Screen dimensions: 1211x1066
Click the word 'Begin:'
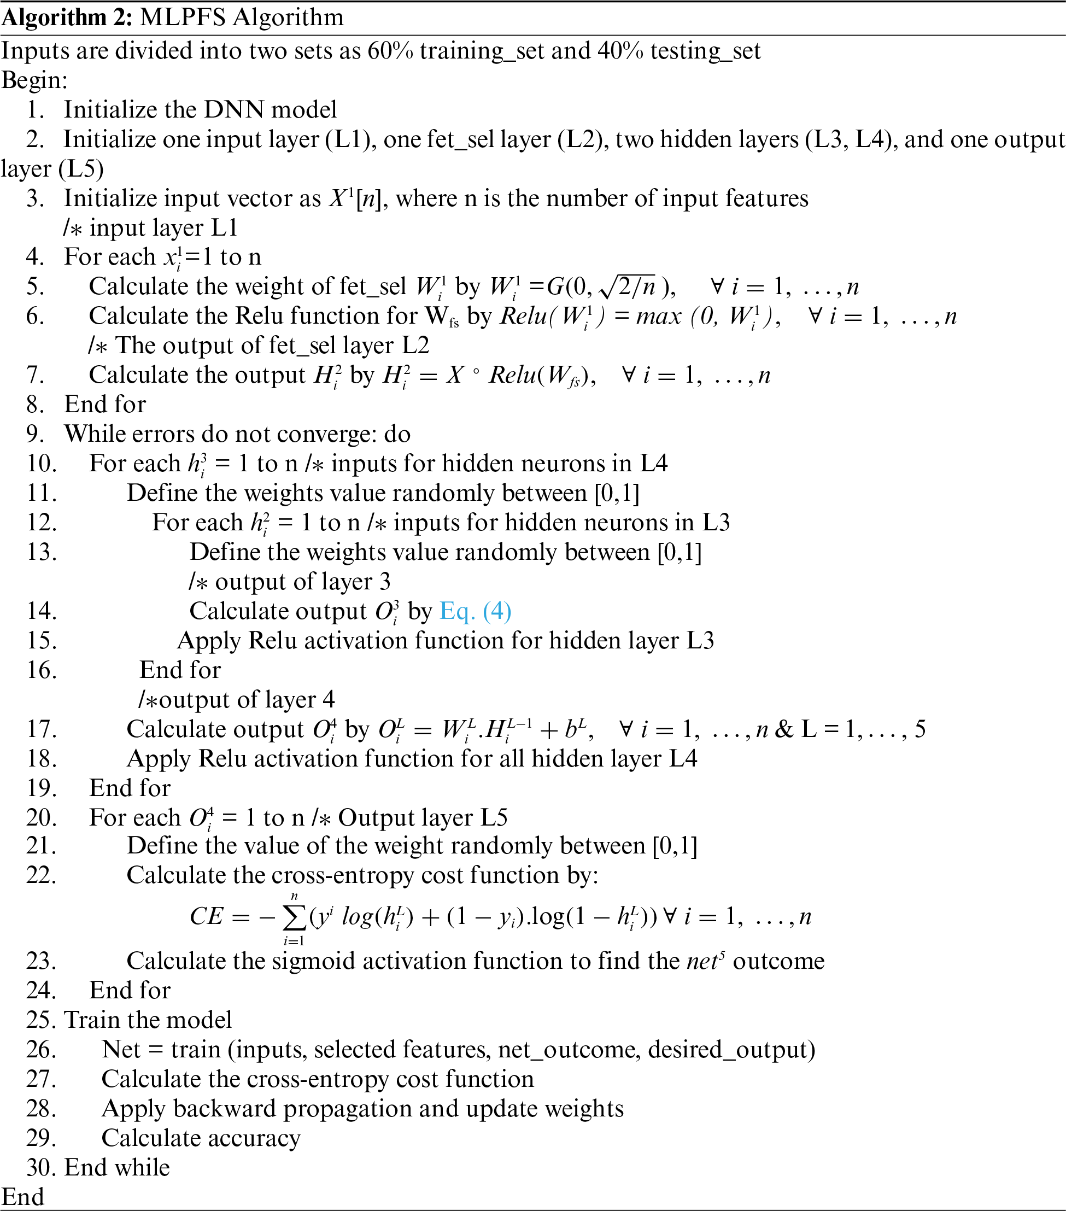(x=34, y=80)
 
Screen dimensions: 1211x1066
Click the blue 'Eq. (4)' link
(x=475, y=611)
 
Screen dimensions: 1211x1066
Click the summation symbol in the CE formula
(x=295, y=918)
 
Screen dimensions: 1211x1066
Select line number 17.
(x=42, y=729)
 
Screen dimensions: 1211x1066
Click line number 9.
(x=35, y=434)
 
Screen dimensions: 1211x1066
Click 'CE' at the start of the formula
(x=206, y=917)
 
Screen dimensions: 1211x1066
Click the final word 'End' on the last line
(x=22, y=1197)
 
